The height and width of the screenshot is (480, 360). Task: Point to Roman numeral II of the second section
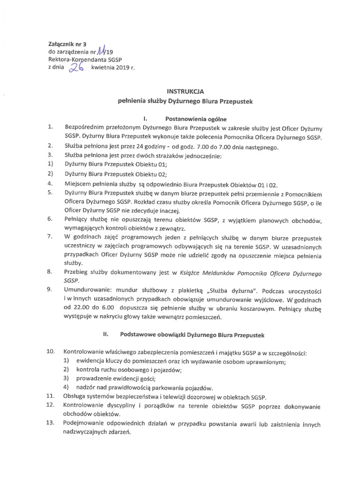(x=105, y=336)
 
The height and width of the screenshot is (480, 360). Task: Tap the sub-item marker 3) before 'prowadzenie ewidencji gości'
(x=67, y=378)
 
